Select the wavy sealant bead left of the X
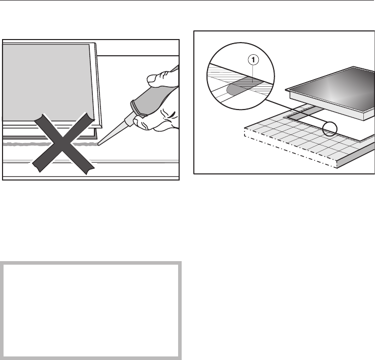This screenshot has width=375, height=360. [x=18, y=145]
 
